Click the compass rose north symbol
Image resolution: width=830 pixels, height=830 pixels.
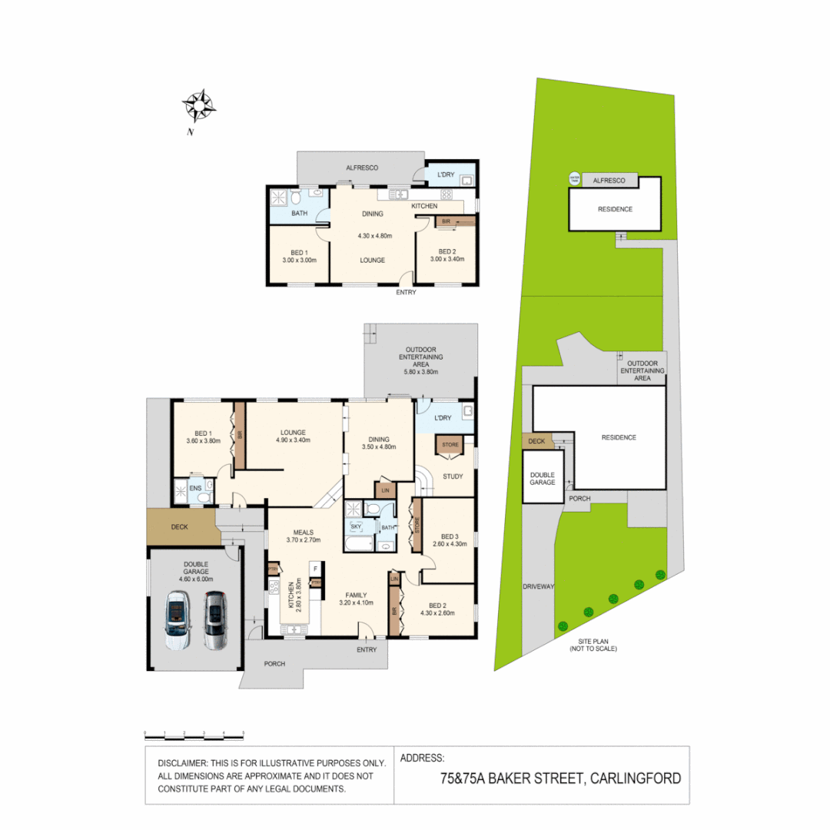pos(199,106)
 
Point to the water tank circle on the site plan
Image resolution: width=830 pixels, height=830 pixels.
pos(574,179)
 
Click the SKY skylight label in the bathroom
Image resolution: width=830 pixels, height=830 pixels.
pos(355,526)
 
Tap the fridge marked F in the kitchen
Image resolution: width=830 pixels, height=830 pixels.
pos(314,569)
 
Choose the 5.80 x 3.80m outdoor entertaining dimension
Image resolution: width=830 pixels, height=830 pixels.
pos(420,372)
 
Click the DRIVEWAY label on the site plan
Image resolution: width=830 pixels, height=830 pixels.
pos(539,586)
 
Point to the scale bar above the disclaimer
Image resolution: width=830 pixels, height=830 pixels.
pos(194,734)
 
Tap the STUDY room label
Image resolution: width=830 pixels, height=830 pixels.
pos(453,476)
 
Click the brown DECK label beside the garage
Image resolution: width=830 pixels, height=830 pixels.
pos(180,527)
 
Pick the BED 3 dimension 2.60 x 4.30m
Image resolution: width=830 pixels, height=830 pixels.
pos(450,545)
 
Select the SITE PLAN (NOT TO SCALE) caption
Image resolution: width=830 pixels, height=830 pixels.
pos(593,645)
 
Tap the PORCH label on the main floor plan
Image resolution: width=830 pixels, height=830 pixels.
pos(274,664)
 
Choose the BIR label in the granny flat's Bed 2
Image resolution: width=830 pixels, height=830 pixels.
pos(446,221)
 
